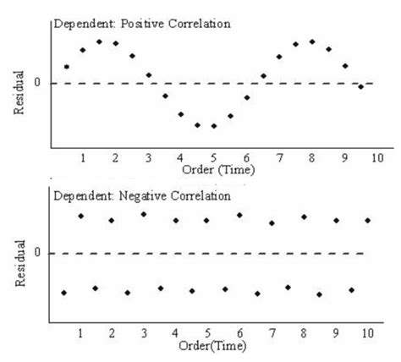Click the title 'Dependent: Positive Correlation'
click(142, 24)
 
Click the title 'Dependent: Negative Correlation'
click(142, 195)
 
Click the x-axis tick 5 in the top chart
click(214, 158)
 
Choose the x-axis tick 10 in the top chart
click(376, 158)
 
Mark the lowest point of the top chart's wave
click(214, 126)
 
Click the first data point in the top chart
click(66, 66)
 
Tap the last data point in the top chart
click(361, 86)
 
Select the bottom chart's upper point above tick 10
click(368, 220)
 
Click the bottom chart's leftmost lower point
click(64, 293)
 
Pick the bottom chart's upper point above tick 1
click(81, 216)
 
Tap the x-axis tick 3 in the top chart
click(148, 158)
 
